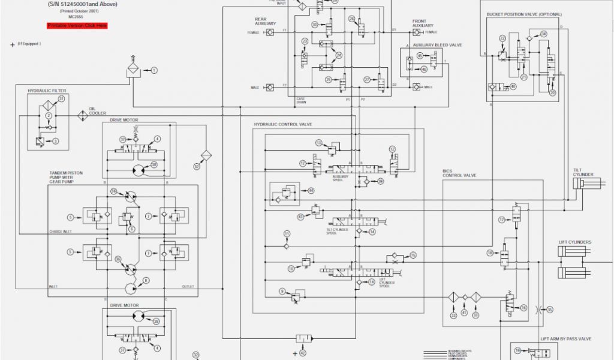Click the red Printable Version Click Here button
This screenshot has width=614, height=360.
click(x=77, y=26)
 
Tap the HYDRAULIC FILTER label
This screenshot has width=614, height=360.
click(x=47, y=91)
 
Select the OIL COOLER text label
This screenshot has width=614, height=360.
click(x=97, y=111)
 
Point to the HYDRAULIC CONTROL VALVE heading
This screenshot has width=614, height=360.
click(x=283, y=124)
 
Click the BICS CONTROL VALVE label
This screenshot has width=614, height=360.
click(x=459, y=173)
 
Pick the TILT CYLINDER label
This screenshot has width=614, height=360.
click(x=583, y=172)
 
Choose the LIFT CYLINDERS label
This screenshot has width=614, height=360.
click(x=575, y=242)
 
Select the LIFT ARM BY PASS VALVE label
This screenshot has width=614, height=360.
click(x=566, y=339)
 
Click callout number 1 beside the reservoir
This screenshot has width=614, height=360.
click(x=154, y=70)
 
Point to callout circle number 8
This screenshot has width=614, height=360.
click(x=146, y=280)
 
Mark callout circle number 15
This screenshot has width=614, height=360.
click(x=413, y=256)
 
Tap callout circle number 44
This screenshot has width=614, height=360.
click(x=311, y=191)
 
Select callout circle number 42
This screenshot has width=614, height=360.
click(x=303, y=353)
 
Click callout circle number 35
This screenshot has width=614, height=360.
click(x=550, y=310)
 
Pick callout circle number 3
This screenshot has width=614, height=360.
click(x=55, y=142)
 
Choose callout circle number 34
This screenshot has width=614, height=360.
click(x=544, y=34)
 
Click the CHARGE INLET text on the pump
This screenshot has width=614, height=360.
click(x=61, y=231)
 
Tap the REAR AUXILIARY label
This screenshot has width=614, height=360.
click(x=266, y=22)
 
